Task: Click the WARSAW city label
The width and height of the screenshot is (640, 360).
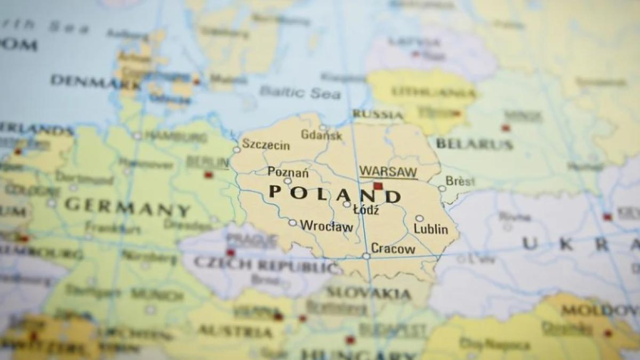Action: point(388,172)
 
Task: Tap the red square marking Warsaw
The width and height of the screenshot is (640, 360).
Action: point(378,186)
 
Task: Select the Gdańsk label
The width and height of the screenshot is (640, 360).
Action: point(322,134)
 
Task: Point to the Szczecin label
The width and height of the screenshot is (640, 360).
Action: point(266,145)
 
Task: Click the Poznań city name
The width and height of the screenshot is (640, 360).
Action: point(288,172)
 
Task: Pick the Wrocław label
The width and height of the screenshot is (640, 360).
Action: point(326,226)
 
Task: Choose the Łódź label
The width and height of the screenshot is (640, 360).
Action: point(366,210)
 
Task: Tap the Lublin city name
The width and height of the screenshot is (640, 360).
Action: point(431,229)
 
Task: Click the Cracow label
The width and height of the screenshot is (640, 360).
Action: point(393,249)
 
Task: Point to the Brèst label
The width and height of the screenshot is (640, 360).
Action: point(460,181)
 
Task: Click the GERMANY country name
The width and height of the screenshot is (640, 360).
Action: point(127,207)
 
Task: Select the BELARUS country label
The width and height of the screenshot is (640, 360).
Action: point(474,143)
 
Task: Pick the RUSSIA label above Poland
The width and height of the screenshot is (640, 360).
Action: point(378,114)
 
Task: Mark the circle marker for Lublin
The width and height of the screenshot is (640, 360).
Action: point(419,218)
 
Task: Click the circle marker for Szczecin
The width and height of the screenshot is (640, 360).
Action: point(237,150)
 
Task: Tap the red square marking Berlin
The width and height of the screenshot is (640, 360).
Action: point(209,175)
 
